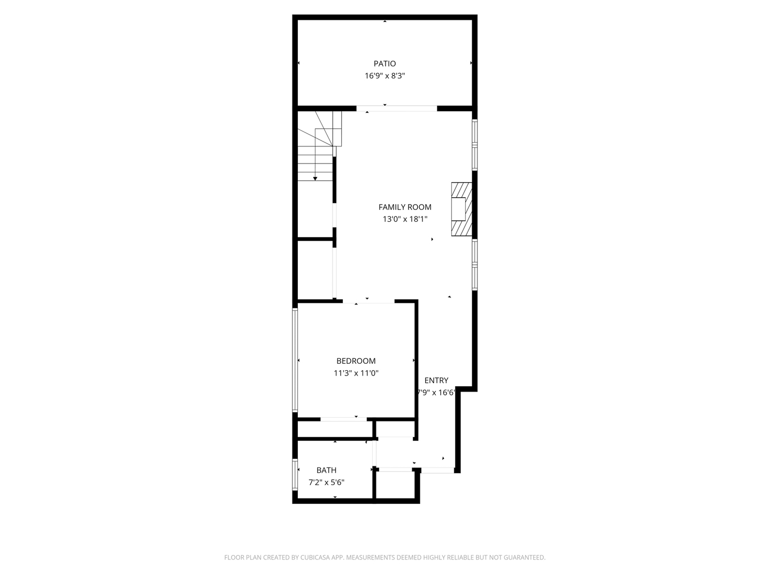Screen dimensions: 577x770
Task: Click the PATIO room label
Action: click(x=384, y=64)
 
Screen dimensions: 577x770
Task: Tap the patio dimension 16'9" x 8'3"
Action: click(x=384, y=76)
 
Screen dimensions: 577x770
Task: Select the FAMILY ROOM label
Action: click(x=405, y=207)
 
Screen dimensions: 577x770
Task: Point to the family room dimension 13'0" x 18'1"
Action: click(x=405, y=219)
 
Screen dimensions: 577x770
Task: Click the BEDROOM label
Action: click(x=356, y=361)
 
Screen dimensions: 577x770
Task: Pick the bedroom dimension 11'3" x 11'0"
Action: click(x=356, y=373)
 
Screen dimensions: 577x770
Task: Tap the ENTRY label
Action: click(x=436, y=380)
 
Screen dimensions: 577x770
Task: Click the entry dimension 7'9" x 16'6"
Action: click(x=436, y=393)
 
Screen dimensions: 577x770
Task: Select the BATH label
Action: click(x=326, y=470)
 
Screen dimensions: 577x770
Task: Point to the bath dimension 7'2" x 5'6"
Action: click(x=326, y=482)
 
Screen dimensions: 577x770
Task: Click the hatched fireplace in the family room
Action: click(x=461, y=209)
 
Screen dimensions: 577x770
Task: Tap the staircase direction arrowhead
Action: click(x=315, y=178)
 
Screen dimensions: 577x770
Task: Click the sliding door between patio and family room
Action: click(x=396, y=108)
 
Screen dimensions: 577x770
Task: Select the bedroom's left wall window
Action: click(x=295, y=360)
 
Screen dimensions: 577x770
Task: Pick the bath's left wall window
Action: click(x=295, y=474)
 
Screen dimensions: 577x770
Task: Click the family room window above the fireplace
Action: click(x=474, y=145)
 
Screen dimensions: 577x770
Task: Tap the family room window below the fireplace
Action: click(x=474, y=264)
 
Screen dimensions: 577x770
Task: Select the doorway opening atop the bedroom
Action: click(x=368, y=302)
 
